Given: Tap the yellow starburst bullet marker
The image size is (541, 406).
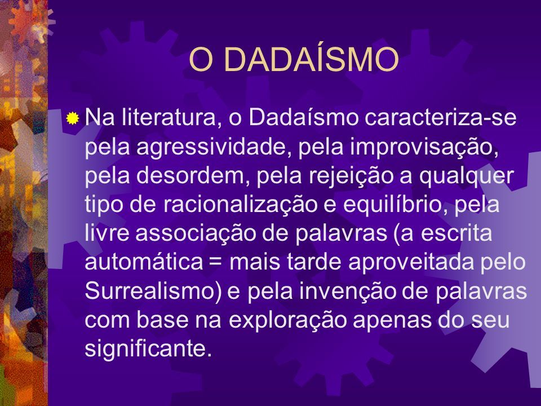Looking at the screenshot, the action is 73,118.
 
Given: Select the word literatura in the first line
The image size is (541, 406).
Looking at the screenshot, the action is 171,117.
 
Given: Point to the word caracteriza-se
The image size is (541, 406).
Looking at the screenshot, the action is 440,117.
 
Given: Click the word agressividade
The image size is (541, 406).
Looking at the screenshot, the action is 212,148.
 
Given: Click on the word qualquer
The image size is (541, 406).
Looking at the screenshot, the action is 467,176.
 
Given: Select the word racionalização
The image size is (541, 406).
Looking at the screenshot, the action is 240,205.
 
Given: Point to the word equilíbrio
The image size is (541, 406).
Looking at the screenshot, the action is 394,205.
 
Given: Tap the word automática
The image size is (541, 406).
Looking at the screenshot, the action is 144,262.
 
